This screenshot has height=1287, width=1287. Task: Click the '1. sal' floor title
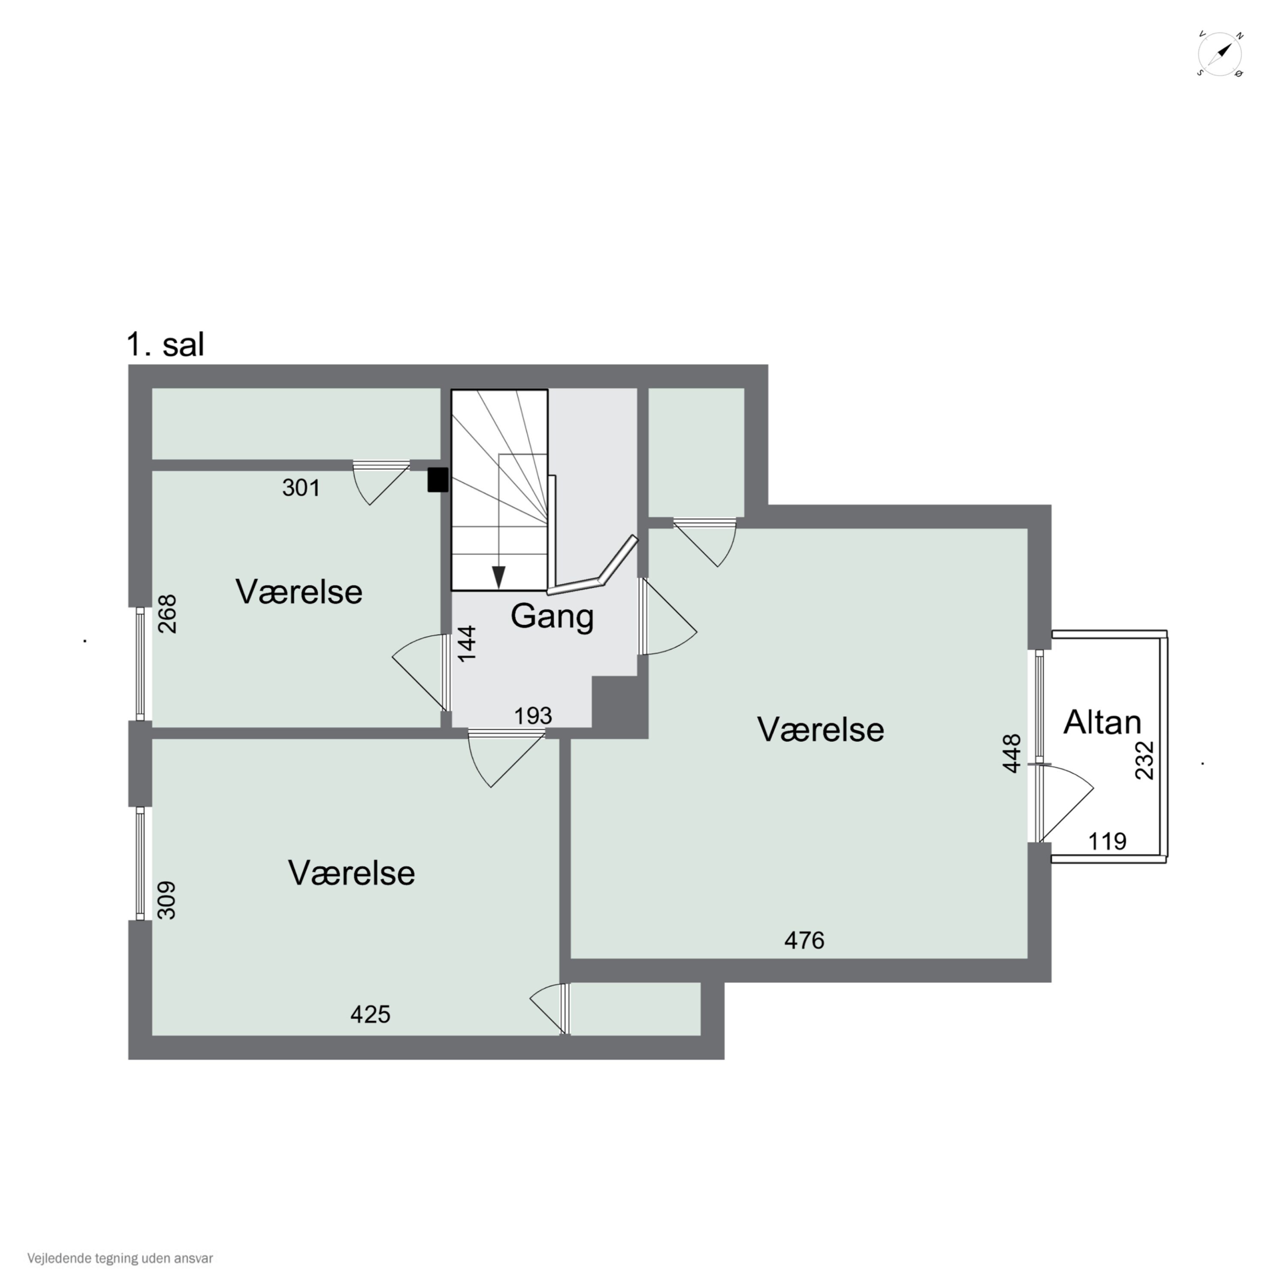[x=165, y=345]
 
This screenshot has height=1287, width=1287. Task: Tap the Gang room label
[x=552, y=617]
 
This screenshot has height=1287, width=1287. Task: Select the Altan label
[x=1103, y=722]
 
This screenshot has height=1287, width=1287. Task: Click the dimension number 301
[x=301, y=488]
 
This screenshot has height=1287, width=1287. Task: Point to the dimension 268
[x=167, y=613]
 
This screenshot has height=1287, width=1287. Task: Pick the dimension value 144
[x=468, y=643]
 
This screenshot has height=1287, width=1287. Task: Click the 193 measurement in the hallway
[x=533, y=716]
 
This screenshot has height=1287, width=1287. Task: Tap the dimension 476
[x=804, y=940]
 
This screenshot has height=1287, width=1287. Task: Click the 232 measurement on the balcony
[x=1145, y=760]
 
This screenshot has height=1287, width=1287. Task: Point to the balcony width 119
[x=1107, y=841]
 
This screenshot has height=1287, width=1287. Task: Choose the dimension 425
[x=370, y=1014]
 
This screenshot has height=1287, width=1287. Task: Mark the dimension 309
[x=167, y=900]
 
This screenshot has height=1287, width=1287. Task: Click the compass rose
[x=1220, y=54]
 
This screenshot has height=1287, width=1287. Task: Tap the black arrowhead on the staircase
[x=498, y=577]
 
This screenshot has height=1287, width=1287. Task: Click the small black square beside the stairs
[x=438, y=480]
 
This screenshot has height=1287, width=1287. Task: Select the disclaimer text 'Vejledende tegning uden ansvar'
[x=120, y=1258]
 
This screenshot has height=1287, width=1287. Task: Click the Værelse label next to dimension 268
[x=299, y=592]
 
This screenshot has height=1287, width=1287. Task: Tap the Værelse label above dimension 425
[x=352, y=873]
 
